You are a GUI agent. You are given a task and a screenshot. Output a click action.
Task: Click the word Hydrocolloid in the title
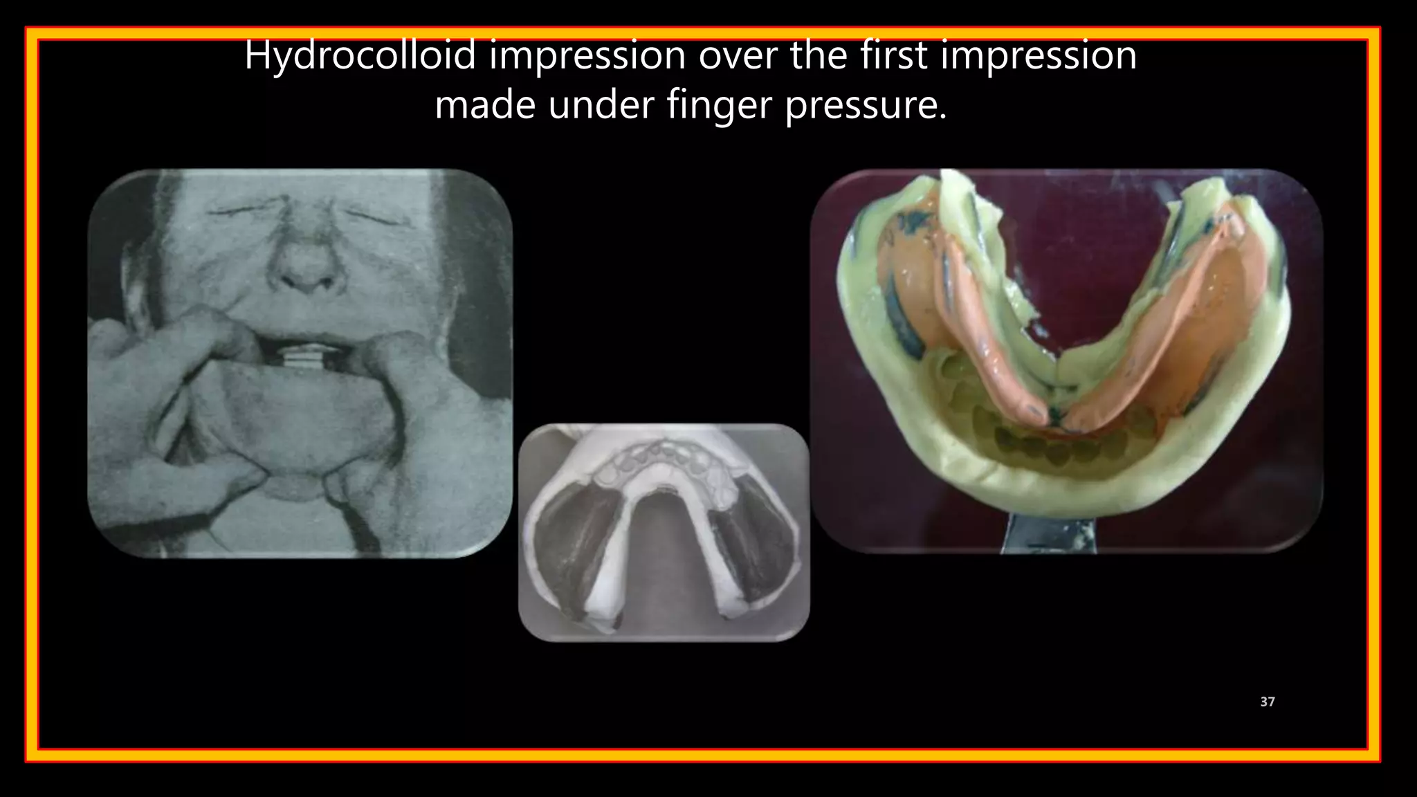tap(360, 55)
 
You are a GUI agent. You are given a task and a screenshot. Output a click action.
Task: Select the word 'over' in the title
tap(738, 55)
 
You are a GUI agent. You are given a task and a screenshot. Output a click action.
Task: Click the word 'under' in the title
tap(601, 106)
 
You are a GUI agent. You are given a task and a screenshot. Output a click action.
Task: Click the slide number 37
tap(1267, 702)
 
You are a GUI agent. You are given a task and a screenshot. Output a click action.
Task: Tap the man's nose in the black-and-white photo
tap(304, 266)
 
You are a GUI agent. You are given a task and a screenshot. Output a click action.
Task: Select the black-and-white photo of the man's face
tap(300, 363)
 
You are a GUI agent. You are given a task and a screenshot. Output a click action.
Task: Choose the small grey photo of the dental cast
tap(664, 533)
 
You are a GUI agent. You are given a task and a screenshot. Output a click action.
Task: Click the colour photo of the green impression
tap(1066, 360)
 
